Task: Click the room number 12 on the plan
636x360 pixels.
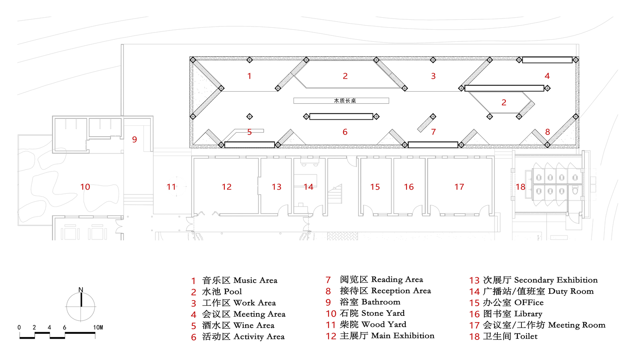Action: click(227, 187)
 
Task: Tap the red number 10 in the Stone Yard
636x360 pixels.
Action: click(85, 187)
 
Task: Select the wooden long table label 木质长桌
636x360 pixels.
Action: click(345, 101)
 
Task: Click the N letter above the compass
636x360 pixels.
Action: click(81, 290)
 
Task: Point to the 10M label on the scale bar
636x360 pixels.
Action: click(98, 327)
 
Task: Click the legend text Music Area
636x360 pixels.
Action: click(255, 280)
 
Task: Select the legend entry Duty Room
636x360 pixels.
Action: click(571, 291)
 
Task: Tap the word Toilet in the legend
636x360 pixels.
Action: click(526, 336)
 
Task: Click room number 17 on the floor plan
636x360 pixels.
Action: click(459, 187)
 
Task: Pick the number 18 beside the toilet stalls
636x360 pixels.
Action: click(521, 187)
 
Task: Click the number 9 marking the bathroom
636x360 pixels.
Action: click(134, 139)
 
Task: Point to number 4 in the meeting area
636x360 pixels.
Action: click(547, 76)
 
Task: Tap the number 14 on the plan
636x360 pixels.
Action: click(308, 187)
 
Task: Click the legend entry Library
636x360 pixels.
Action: click(528, 314)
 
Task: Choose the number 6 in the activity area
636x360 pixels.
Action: click(345, 132)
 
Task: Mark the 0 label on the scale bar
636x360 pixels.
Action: click(19, 327)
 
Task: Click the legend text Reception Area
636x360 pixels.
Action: click(401, 291)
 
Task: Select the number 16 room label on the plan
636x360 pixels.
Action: click(409, 187)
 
